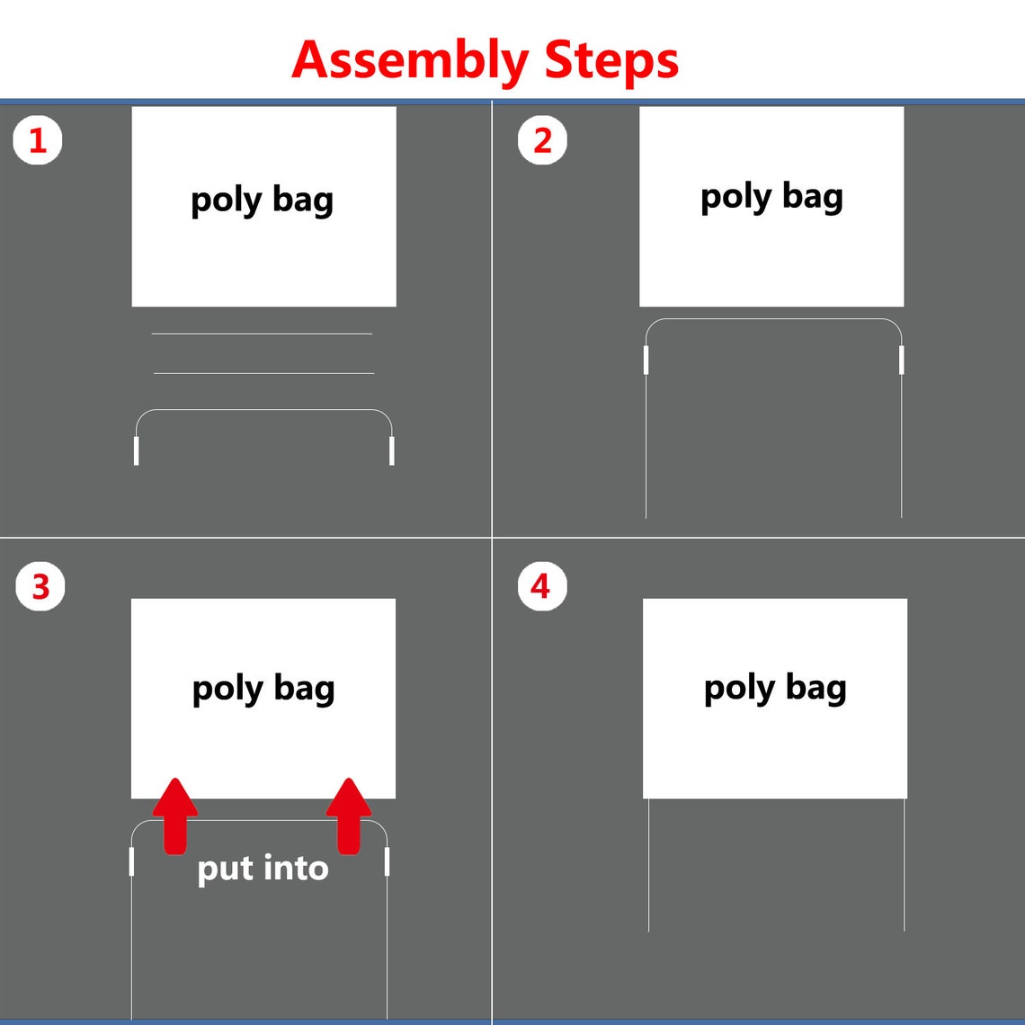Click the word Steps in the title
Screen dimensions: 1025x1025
[611, 60]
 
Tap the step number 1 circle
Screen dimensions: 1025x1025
[38, 140]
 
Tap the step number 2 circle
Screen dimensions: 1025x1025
[542, 140]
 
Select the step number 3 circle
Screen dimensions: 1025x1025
[40, 586]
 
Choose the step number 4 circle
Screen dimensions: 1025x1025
[542, 586]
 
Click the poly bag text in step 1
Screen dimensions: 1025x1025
[263, 200]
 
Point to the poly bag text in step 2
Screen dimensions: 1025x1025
[772, 197]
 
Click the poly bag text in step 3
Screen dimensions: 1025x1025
[263, 689]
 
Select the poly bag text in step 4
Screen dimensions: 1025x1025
[775, 688]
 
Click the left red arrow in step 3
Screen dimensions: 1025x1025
[174, 816]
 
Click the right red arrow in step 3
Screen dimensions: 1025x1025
[349, 816]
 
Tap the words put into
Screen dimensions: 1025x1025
[263, 869]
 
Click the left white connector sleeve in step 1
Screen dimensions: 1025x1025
[136, 451]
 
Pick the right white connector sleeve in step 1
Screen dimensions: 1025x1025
[391, 451]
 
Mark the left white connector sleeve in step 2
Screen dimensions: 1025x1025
[646, 361]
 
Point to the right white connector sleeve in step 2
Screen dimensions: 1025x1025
[902, 361]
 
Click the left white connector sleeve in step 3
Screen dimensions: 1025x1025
[131, 861]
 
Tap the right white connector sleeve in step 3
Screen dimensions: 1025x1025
[387, 861]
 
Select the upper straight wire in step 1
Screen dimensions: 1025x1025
[263, 334]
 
